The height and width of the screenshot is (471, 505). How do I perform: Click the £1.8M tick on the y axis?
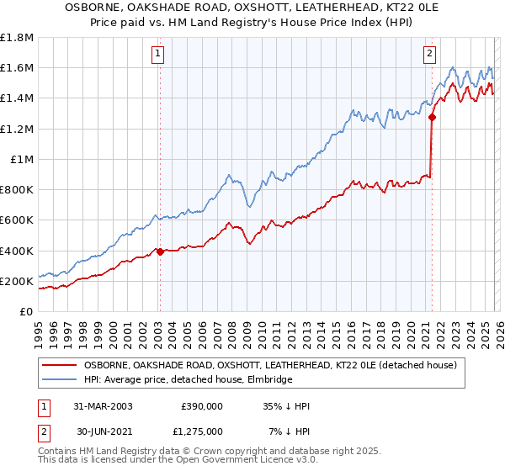point(17,38)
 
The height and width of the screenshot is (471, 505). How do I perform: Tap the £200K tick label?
point(17,281)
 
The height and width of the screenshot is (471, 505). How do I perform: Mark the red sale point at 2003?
point(160,251)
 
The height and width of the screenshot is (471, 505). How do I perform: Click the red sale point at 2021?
point(432,118)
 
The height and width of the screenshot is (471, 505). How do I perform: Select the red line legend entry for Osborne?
point(269,365)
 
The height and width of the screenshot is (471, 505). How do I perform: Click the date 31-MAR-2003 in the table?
point(103,406)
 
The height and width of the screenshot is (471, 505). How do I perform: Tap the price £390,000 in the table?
point(201,406)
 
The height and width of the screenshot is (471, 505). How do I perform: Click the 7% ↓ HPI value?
point(289,431)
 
